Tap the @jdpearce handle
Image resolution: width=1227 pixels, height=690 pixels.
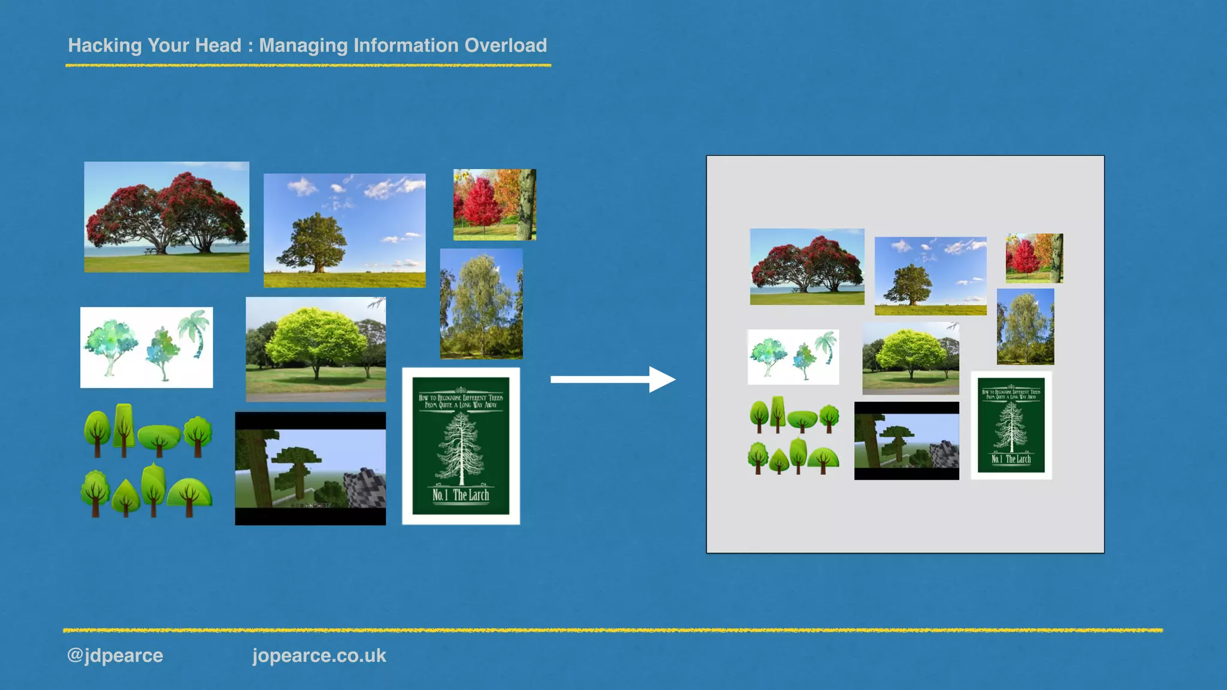tap(115, 655)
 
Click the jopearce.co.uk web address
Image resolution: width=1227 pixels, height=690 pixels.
tap(319, 655)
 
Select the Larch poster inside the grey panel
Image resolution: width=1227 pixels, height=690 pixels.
tap(1011, 425)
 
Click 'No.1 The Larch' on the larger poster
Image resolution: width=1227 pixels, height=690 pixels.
tap(461, 495)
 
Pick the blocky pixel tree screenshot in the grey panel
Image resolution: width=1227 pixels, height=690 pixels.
tap(906, 440)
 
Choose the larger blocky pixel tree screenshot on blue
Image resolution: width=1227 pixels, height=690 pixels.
tap(310, 468)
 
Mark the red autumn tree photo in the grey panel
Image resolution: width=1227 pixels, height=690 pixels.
tap(1034, 258)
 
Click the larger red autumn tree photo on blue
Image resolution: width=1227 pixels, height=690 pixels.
tap(494, 205)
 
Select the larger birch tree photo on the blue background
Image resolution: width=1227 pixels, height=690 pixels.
tap(481, 304)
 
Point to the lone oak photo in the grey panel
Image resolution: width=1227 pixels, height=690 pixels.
tap(930, 276)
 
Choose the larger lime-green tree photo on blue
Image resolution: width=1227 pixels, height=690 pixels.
tap(316, 349)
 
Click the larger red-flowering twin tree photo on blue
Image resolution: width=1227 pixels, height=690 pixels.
tap(167, 217)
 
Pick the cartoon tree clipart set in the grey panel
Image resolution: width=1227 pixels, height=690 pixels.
tap(794, 435)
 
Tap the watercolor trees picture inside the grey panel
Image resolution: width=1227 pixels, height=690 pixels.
tap(793, 357)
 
